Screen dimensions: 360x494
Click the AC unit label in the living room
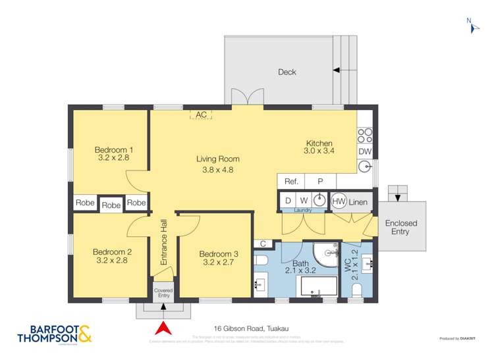[x=202, y=115]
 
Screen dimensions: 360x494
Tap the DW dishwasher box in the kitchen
[x=365, y=152]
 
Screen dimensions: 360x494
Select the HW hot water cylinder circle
[x=339, y=201]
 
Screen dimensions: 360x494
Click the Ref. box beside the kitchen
[x=292, y=181]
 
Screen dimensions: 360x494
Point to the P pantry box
[x=321, y=181]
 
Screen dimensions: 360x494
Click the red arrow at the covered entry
[x=163, y=328]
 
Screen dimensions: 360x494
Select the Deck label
[x=287, y=72]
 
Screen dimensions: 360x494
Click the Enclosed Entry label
[x=400, y=227]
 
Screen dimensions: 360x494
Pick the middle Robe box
[x=111, y=205]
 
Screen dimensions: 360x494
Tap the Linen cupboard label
[x=358, y=201]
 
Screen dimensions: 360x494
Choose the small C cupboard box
[x=263, y=244]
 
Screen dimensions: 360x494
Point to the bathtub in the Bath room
[x=319, y=286]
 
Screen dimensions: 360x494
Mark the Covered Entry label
[x=163, y=293]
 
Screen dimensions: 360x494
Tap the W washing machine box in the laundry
[x=304, y=200]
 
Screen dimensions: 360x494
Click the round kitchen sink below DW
[x=365, y=167]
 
